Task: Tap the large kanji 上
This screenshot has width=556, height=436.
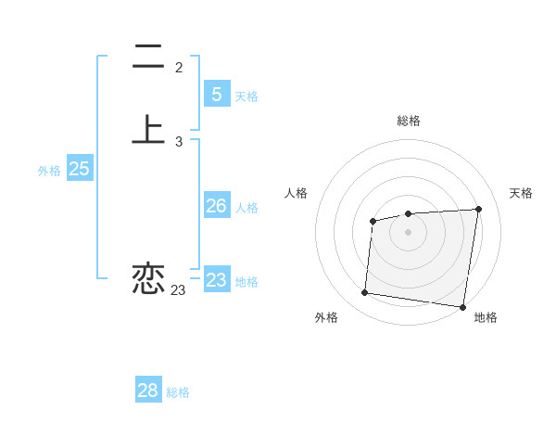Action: pyautogui.click(x=148, y=129)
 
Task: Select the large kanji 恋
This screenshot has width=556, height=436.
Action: pyautogui.click(x=148, y=277)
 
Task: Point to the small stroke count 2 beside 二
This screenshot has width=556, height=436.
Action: pyautogui.click(x=179, y=68)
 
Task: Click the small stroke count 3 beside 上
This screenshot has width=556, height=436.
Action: pyautogui.click(x=179, y=142)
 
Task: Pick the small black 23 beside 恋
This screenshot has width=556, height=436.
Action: pyautogui.click(x=179, y=290)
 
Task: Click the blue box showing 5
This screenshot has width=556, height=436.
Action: pyautogui.click(x=216, y=94)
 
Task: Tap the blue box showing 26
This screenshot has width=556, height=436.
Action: pyautogui.click(x=216, y=206)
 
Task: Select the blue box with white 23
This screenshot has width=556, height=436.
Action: pyautogui.click(x=216, y=279)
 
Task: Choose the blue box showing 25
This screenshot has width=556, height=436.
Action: pyautogui.click(x=79, y=169)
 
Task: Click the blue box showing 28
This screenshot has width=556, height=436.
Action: pyautogui.click(x=148, y=391)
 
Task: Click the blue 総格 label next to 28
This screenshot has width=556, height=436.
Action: pyautogui.click(x=178, y=392)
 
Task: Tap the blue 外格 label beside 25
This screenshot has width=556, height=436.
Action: pyautogui.click(x=49, y=171)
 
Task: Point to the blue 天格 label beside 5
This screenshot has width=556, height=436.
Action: pyautogui.click(x=246, y=96)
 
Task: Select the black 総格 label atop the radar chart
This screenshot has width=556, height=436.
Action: pyautogui.click(x=409, y=121)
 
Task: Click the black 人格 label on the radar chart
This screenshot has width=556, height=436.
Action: pyautogui.click(x=297, y=193)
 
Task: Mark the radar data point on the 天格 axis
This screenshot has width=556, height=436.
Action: pyautogui.click(x=478, y=209)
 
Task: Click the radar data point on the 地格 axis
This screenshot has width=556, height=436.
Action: pyautogui.click(x=461, y=307)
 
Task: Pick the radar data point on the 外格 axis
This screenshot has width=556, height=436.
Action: pyautogui.click(x=364, y=293)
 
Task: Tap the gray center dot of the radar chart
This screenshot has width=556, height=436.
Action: pyautogui.click(x=409, y=232)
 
